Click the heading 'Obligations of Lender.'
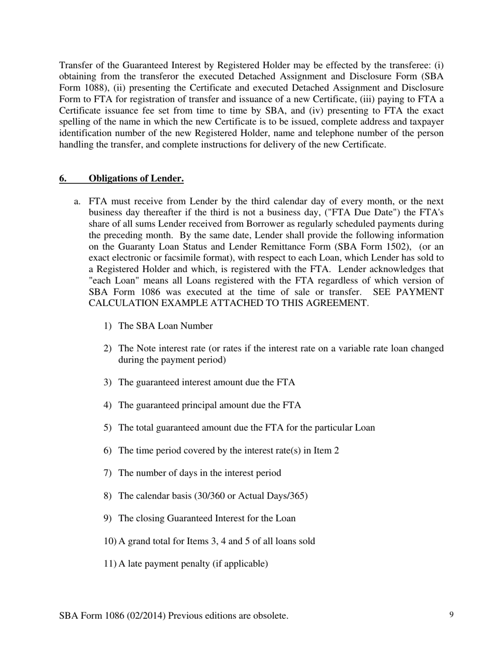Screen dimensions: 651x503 136,178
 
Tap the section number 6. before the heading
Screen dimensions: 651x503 63,178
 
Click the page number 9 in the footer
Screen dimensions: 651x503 451,614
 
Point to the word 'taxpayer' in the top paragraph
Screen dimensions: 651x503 427,122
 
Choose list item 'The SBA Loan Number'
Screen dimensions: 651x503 165,326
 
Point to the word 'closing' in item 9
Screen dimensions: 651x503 150,518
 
